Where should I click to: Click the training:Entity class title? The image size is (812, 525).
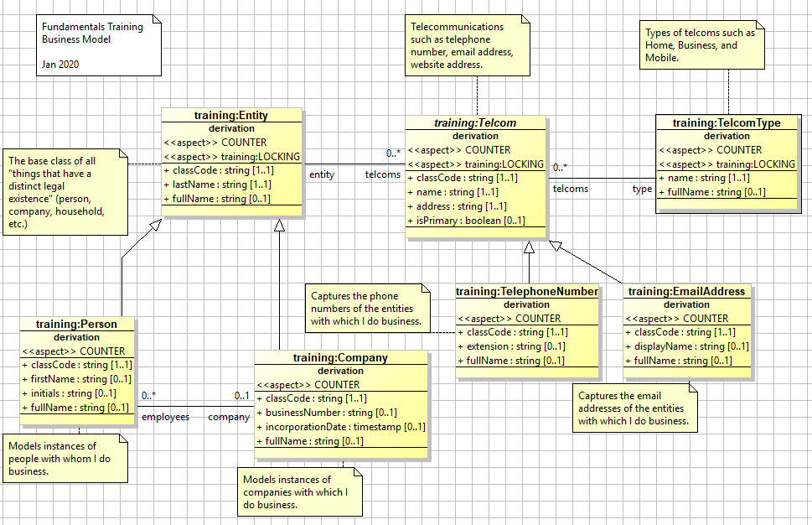coord(230,115)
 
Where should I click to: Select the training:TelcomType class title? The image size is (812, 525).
coord(726,122)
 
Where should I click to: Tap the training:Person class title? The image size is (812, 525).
coord(76,324)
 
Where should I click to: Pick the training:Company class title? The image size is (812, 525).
coord(340,358)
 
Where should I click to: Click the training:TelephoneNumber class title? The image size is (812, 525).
coord(527,292)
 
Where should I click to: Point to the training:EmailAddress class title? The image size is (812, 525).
coord(686,292)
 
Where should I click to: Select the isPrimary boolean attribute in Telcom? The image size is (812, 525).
coord(466,221)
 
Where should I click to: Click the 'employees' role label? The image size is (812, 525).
coord(164,417)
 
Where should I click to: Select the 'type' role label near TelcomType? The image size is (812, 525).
coord(642,190)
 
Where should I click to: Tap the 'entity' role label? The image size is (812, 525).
coord(322,174)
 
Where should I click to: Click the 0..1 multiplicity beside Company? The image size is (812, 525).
coord(242,395)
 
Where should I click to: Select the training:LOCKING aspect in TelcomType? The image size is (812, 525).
coord(727,164)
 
